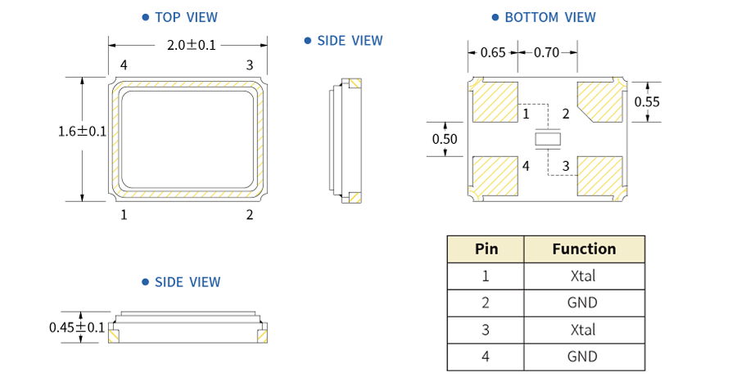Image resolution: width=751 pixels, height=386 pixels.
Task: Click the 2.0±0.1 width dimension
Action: [x=191, y=45]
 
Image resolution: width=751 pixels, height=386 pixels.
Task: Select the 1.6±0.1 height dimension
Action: [x=82, y=131]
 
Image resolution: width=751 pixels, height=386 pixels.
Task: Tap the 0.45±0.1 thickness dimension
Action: [x=77, y=327]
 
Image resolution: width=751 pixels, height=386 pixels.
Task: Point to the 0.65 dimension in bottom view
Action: [x=492, y=52]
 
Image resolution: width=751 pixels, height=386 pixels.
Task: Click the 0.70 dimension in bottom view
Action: [x=546, y=52]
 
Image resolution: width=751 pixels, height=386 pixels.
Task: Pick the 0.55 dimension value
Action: [x=647, y=101]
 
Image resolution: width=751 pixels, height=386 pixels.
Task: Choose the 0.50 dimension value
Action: [x=445, y=139]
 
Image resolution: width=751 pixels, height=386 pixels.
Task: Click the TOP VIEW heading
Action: [x=184, y=17]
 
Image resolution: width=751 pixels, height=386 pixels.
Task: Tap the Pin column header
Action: [x=486, y=249]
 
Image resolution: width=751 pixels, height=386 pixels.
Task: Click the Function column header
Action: [x=583, y=249]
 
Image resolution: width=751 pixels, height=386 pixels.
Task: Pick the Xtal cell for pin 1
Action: [x=583, y=276]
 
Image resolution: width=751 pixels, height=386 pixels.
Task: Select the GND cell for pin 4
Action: [x=583, y=357]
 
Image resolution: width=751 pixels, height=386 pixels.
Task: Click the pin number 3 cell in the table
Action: [x=486, y=330]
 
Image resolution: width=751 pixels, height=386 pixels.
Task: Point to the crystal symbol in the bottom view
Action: [x=548, y=140]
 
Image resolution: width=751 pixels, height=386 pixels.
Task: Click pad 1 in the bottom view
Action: [x=496, y=101]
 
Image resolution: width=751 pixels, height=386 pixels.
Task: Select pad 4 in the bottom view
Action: [x=496, y=176]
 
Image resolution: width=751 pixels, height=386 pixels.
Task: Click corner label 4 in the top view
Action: [x=124, y=65]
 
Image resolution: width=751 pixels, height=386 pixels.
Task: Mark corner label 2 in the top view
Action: [x=250, y=215]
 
